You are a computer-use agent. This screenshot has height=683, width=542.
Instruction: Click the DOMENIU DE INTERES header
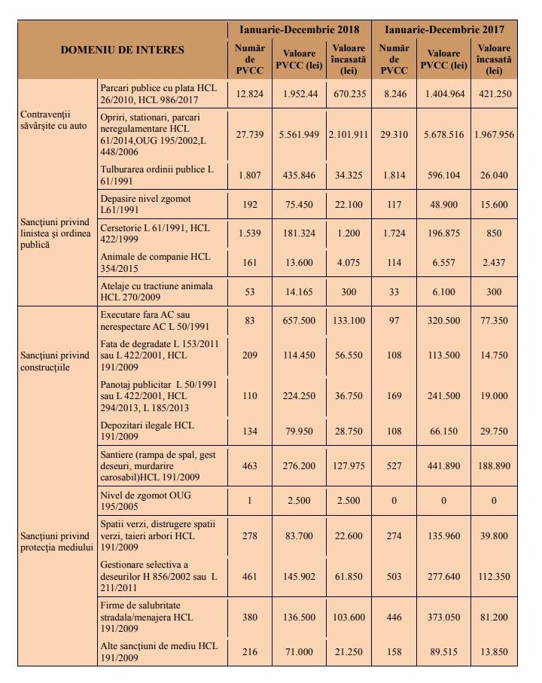123,50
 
